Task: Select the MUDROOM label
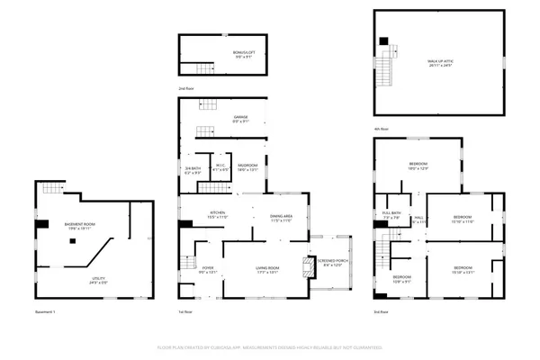(247, 166)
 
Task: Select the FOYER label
(207, 269)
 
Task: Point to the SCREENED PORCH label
(332, 262)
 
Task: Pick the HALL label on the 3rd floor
(418, 219)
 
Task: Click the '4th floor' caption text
(382, 129)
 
